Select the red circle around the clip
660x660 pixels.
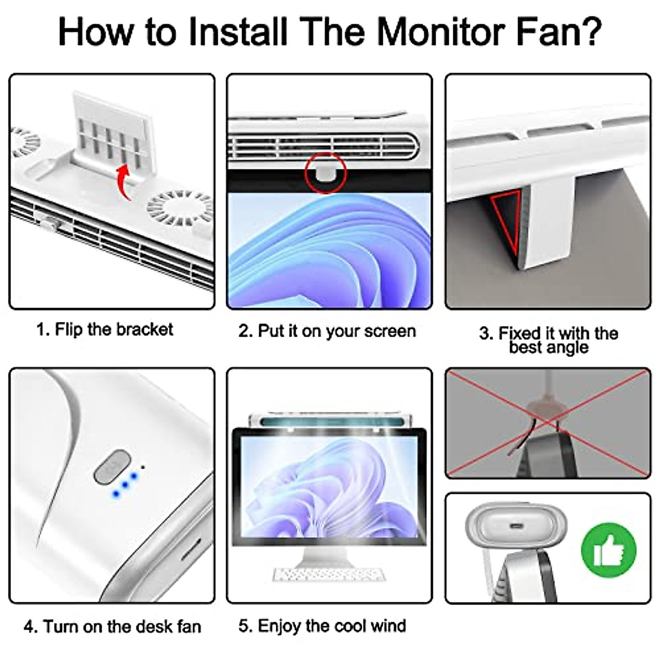coord(326,173)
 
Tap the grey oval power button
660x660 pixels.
coord(112,467)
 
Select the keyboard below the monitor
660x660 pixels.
coord(329,574)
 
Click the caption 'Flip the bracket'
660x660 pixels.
coord(105,329)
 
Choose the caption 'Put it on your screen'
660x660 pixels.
coord(327,331)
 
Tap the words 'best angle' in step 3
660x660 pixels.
coord(549,348)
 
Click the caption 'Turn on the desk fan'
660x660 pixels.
coord(112,627)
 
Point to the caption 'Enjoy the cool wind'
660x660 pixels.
coord(322,626)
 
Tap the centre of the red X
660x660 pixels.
coord(548,424)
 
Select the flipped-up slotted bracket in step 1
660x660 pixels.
coord(113,134)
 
